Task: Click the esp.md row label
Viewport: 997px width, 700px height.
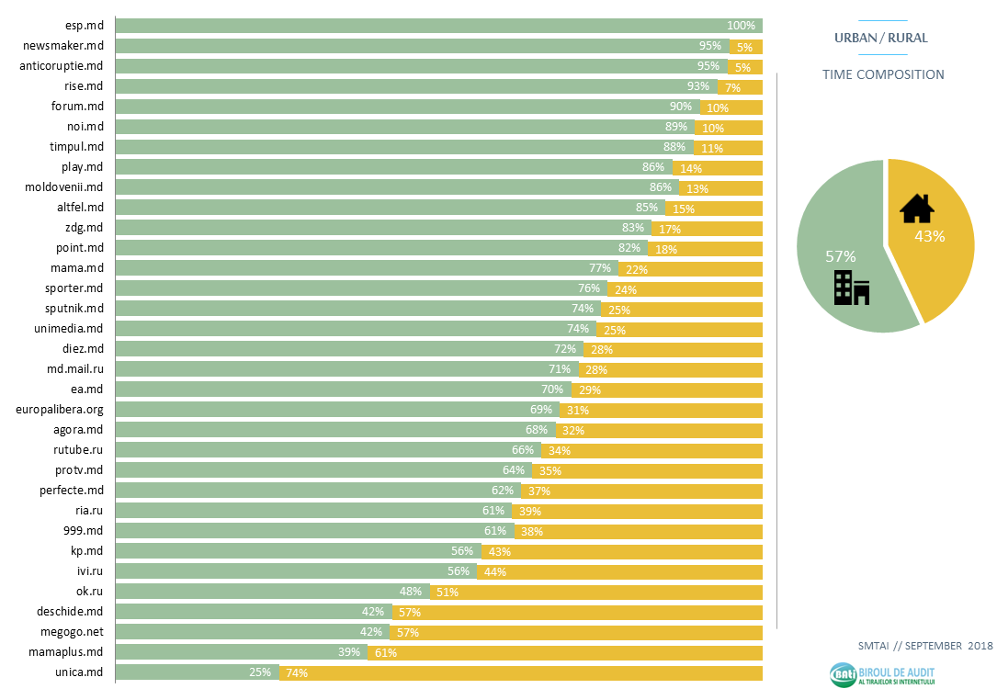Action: pyautogui.click(x=85, y=26)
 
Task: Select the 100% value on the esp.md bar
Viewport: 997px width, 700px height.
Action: pyautogui.click(x=741, y=26)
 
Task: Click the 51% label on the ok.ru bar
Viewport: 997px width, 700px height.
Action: pyautogui.click(x=448, y=593)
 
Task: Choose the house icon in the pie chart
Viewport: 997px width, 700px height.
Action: pyautogui.click(x=916, y=209)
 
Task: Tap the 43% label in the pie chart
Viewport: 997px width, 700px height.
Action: pyautogui.click(x=930, y=236)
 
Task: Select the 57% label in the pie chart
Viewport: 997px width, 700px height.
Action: pyautogui.click(x=840, y=256)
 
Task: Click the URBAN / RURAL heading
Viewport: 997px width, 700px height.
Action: pyautogui.click(x=880, y=38)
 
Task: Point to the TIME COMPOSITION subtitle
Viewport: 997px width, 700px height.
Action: pyautogui.click(x=883, y=74)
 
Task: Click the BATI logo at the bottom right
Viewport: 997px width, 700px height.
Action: pyautogui.click(x=882, y=675)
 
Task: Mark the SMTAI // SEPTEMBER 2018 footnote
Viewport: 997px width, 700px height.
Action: pyautogui.click(x=924, y=646)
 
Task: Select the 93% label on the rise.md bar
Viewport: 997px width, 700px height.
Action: pyautogui.click(x=698, y=86)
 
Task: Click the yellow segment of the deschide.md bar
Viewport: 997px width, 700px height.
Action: pyautogui.click(x=577, y=612)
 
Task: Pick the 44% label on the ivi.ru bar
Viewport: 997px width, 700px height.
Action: pyautogui.click(x=495, y=572)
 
